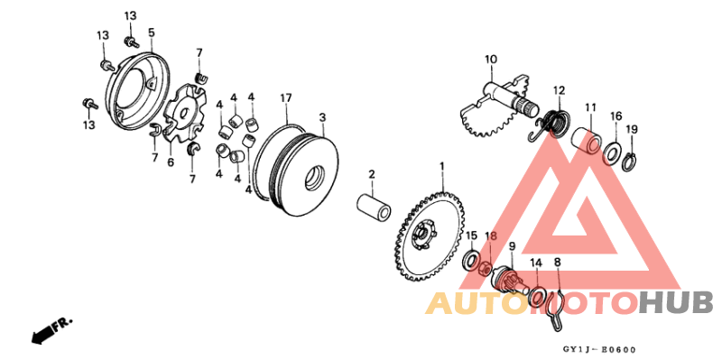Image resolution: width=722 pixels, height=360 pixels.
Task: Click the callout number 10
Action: (x=490, y=61)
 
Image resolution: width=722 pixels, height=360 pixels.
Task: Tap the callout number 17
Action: (x=286, y=97)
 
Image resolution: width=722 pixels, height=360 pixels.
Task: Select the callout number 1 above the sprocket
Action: (x=442, y=167)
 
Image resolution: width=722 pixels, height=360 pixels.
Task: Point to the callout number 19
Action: (x=631, y=129)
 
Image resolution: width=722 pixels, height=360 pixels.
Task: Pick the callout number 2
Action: (x=371, y=172)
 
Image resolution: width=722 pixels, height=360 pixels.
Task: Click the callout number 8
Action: (x=557, y=262)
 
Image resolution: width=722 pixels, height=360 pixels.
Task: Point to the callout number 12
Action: (x=560, y=91)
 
